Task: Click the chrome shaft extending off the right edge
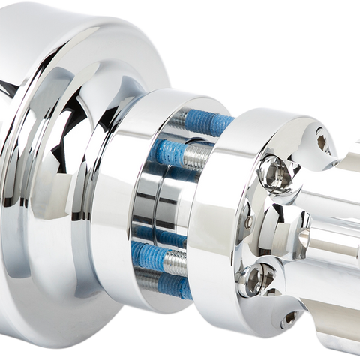[341, 247]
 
